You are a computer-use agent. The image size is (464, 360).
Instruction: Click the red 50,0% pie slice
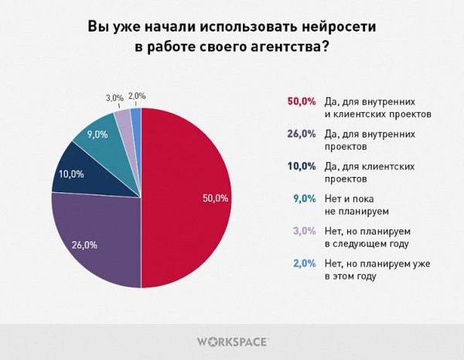pos(189,199)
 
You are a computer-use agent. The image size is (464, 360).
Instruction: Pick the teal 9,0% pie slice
pos(97,137)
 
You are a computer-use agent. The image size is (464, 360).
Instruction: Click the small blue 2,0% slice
pos(136,116)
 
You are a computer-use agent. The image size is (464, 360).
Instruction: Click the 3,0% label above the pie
pos(114,97)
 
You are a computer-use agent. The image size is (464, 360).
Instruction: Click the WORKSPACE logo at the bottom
pos(231,341)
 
